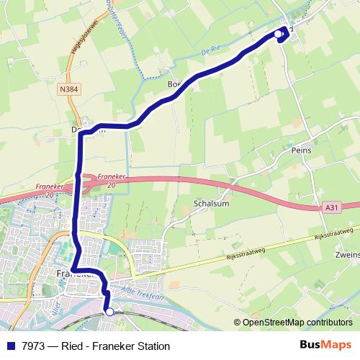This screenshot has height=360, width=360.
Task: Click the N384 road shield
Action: tap(70, 89)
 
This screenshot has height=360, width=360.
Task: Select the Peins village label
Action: tap(301, 151)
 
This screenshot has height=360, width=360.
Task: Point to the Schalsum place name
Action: tap(210, 204)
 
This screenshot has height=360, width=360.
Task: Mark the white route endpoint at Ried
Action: tap(279, 34)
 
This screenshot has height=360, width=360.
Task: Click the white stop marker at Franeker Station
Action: tap(110, 312)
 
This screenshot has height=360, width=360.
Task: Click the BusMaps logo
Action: tap(325, 345)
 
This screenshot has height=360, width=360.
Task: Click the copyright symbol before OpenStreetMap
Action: tap(238, 323)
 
